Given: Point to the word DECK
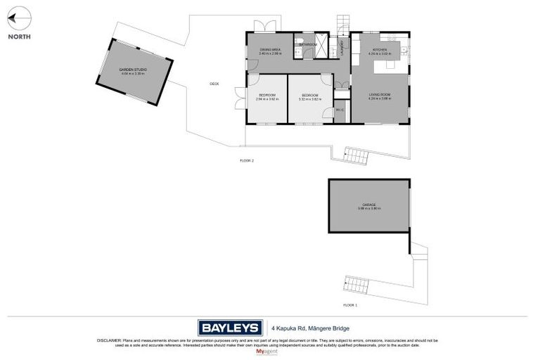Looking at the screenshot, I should [x=214, y=84].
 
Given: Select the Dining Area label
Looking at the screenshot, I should [x=270, y=51].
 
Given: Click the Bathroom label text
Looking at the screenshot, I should [x=308, y=45].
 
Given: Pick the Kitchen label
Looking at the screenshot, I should [x=380, y=51].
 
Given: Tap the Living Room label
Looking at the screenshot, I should [x=380, y=96].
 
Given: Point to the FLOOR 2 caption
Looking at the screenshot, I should [x=247, y=161].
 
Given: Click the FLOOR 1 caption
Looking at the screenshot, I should [x=350, y=305].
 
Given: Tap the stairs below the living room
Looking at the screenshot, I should [x=355, y=156].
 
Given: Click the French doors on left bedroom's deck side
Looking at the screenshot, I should [x=241, y=98].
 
